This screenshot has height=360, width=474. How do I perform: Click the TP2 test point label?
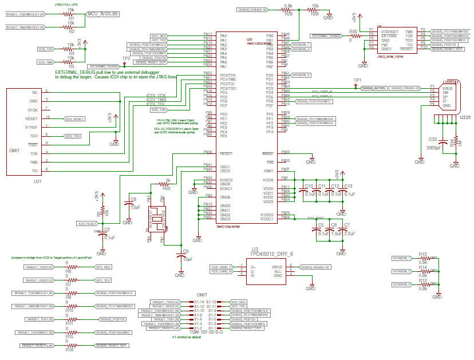(126, 58)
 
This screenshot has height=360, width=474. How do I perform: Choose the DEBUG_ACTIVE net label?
(374, 88)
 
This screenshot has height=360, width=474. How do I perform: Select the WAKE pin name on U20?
(267, 153)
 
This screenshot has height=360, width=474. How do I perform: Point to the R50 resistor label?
(166, 187)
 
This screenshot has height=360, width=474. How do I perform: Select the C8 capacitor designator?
(133, 199)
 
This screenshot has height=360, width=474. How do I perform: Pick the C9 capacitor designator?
(184, 251)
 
